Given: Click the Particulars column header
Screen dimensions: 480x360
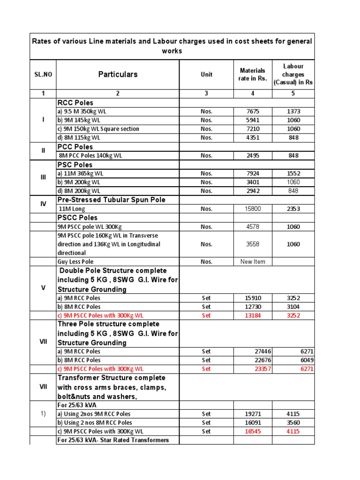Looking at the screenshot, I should pyautogui.click(x=118, y=74).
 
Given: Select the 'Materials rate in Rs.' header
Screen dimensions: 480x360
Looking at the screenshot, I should pyautogui.click(x=253, y=74).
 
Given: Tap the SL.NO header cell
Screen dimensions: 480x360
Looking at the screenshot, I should pyautogui.click(x=43, y=74).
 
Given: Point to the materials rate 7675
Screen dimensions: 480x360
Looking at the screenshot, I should pyautogui.click(x=253, y=112).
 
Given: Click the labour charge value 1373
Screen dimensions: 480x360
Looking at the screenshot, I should pyautogui.click(x=293, y=112).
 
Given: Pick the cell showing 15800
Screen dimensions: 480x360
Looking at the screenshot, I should pyautogui.click(x=253, y=209).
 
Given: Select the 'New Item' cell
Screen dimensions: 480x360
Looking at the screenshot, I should pyautogui.click(x=253, y=262).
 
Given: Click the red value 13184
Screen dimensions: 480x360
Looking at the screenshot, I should pyautogui.click(x=253, y=315).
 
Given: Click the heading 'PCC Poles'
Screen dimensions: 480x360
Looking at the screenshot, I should pyautogui.click(x=75, y=147).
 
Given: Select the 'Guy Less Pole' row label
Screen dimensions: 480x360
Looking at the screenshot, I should pyautogui.click(x=75, y=262).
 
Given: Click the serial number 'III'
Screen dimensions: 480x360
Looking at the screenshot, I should pyautogui.click(x=43, y=178).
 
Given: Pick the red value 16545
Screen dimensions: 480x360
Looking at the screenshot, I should pyautogui.click(x=253, y=431).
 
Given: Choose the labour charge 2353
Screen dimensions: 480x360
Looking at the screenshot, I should pyautogui.click(x=293, y=209).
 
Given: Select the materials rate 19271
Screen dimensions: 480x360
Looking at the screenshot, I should pyautogui.click(x=253, y=414).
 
